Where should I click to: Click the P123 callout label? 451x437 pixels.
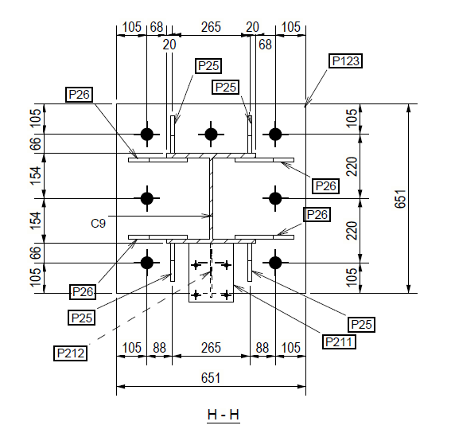coord(345,60)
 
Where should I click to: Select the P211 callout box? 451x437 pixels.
coord(339,342)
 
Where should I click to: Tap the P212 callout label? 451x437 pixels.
coord(71,353)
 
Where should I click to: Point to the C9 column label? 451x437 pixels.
coord(98,224)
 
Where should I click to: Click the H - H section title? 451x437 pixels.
coord(224,415)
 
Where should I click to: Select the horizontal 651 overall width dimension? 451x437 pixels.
coord(211,378)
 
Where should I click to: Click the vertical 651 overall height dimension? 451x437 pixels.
coord(400,198)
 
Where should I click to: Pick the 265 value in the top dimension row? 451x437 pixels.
coord(211,27)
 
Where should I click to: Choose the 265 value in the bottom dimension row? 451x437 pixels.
coord(211,348)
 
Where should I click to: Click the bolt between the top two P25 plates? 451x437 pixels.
coord(211,135)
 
